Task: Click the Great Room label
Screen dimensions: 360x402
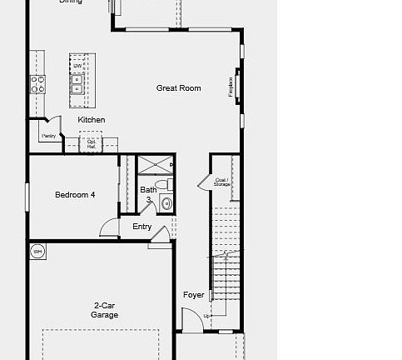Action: pyautogui.click(x=179, y=88)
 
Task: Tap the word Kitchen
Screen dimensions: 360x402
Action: pyautogui.click(x=92, y=120)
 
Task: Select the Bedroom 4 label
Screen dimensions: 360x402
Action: pyautogui.click(x=75, y=195)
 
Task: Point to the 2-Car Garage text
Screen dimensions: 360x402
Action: pyautogui.click(x=105, y=311)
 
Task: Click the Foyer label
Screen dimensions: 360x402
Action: pyautogui.click(x=193, y=295)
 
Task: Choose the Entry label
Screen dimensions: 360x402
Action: pyautogui.click(x=141, y=227)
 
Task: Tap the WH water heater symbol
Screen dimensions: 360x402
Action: pyautogui.click(x=37, y=251)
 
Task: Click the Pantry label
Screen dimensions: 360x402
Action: pyautogui.click(x=48, y=135)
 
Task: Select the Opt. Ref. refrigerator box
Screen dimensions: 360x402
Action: pyautogui.click(x=92, y=143)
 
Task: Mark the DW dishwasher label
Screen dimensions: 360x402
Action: pyautogui.click(x=77, y=66)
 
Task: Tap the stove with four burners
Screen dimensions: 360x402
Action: pyautogui.click(x=37, y=83)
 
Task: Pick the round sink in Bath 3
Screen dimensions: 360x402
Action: pyautogui.click(x=166, y=202)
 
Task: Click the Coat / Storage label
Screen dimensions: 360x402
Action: pyautogui.click(x=221, y=181)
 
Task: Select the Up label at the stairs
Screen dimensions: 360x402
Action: pyautogui.click(x=207, y=316)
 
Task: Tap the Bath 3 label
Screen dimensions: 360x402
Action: pyautogui.click(x=148, y=194)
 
